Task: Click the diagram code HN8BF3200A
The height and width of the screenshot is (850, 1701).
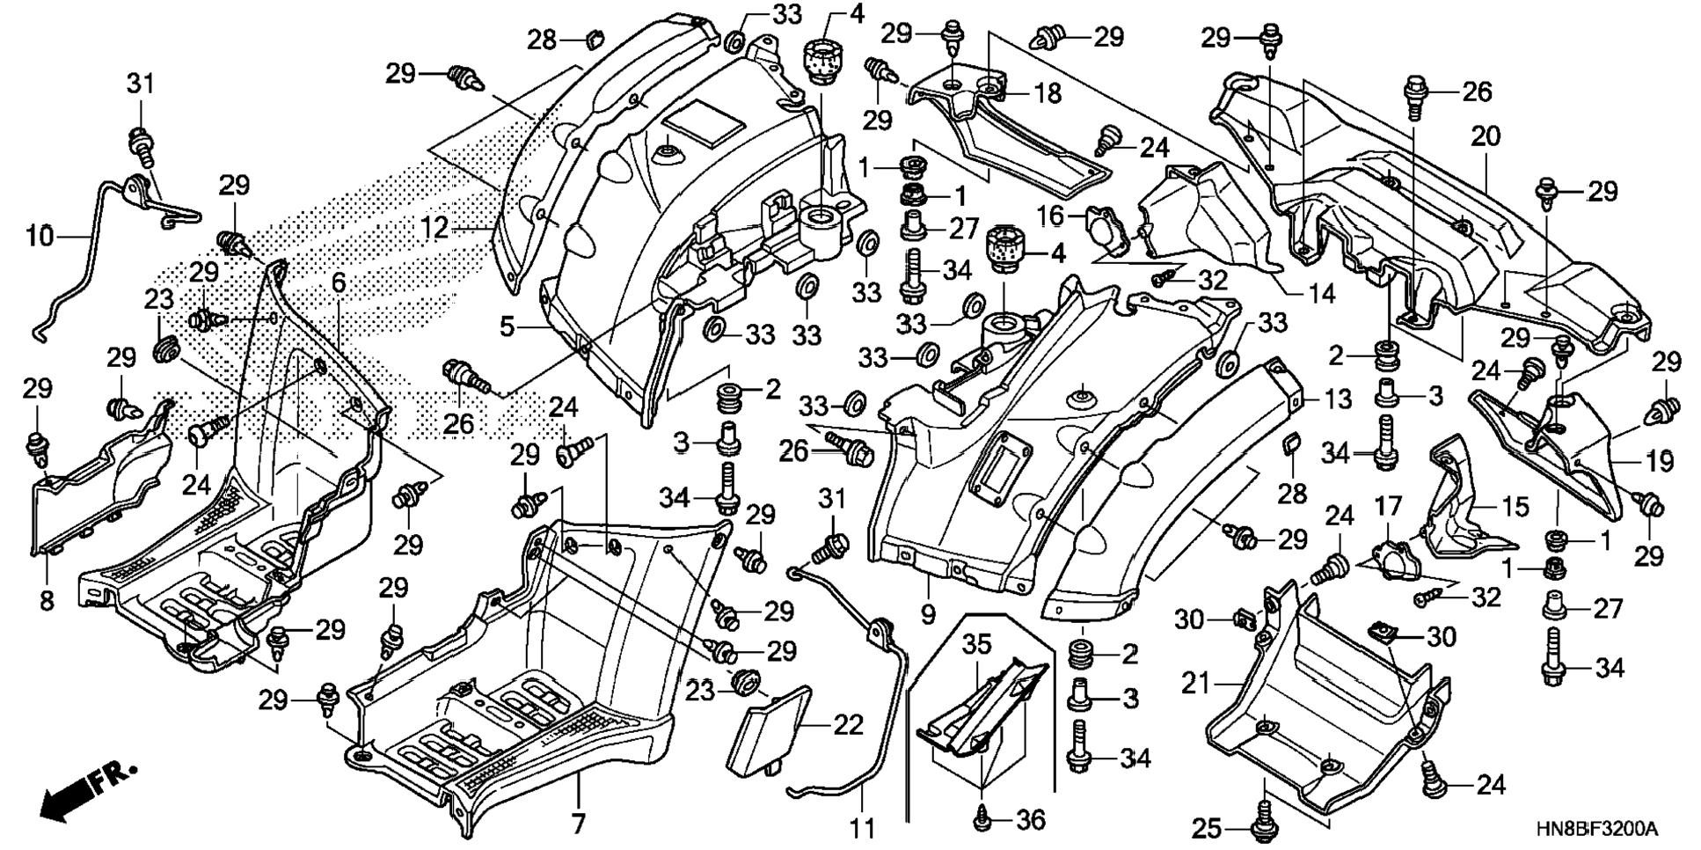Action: coord(1596,829)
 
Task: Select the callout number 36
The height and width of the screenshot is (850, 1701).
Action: coord(1030,820)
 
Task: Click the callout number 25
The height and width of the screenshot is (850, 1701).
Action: coord(1208,828)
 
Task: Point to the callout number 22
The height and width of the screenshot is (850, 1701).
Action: coord(849,725)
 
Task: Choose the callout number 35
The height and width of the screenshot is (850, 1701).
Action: coord(976,645)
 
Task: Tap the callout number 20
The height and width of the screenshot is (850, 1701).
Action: coord(1486,137)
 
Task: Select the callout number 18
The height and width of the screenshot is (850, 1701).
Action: coord(1048,93)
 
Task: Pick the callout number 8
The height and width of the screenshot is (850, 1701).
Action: coord(47,601)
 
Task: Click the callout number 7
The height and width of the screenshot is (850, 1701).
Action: coord(579,824)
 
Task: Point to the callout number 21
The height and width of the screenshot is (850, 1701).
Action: coord(1196,683)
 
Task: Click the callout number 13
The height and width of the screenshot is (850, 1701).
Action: coord(1338,399)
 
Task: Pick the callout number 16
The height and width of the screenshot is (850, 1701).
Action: coord(1049,216)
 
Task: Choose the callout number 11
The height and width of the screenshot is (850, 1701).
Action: coord(863,828)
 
